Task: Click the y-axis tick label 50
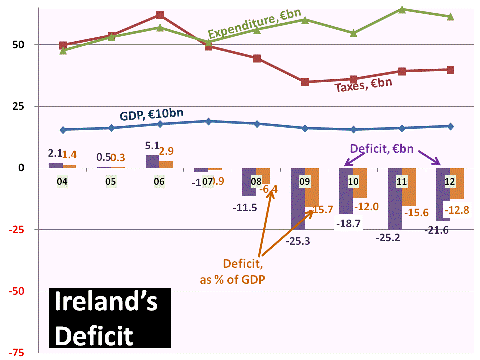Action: tap(18, 45)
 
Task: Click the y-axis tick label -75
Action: tap(16, 352)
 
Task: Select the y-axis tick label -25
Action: tap(16, 229)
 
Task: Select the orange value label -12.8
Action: tap(458, 208)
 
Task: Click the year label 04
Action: tap(62, 182)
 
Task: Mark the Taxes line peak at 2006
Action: tap(160, 15)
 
